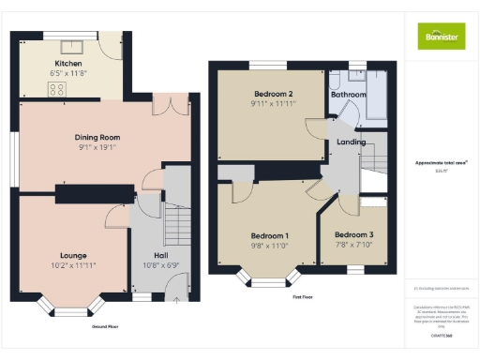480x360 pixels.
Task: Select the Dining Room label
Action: pyautogui.click(x=97, y=138)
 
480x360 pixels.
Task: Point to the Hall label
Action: pyautogui.click(x=160, y=255)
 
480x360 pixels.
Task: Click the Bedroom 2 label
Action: pyautogui.click(x=274, y=94)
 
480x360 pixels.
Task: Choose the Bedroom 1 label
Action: pyautogui.click(x=269, y=235)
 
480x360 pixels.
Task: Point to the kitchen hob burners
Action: pyautogui.click(x=55, y=90)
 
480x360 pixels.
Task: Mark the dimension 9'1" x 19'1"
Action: pyautogui.click(x=97, y=147)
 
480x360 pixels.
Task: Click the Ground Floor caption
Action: pyautogui.click(x=104, y=326)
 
